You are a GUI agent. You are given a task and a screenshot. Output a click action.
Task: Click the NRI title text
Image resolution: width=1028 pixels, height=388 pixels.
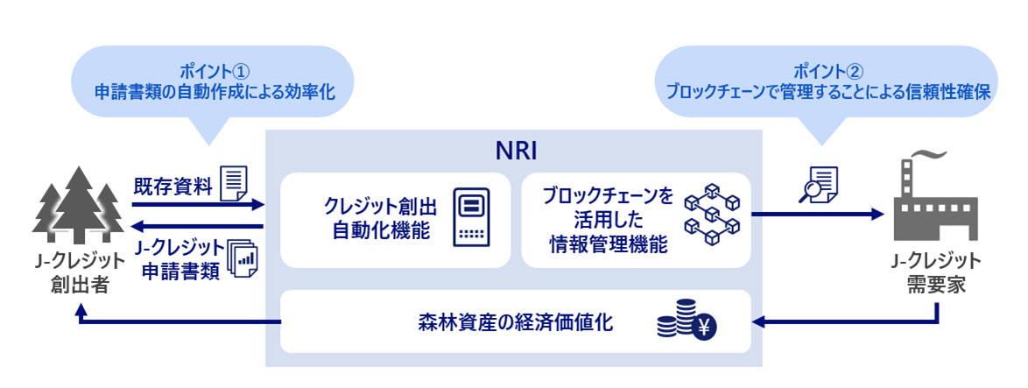(x=513, y=149)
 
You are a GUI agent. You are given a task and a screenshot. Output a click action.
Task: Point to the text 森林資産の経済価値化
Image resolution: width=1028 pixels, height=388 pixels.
(x=515, y=322)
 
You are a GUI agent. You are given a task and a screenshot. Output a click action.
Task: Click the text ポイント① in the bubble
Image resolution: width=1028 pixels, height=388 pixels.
(x=215, y=69)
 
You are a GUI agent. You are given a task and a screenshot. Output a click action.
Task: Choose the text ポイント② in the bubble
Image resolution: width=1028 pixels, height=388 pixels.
(x=827, y=69)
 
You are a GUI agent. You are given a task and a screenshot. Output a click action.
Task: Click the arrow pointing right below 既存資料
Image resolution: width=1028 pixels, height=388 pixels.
(x=197, y=205)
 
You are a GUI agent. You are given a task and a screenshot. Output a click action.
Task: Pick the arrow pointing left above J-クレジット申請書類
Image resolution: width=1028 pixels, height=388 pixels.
(x=197, y=226)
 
